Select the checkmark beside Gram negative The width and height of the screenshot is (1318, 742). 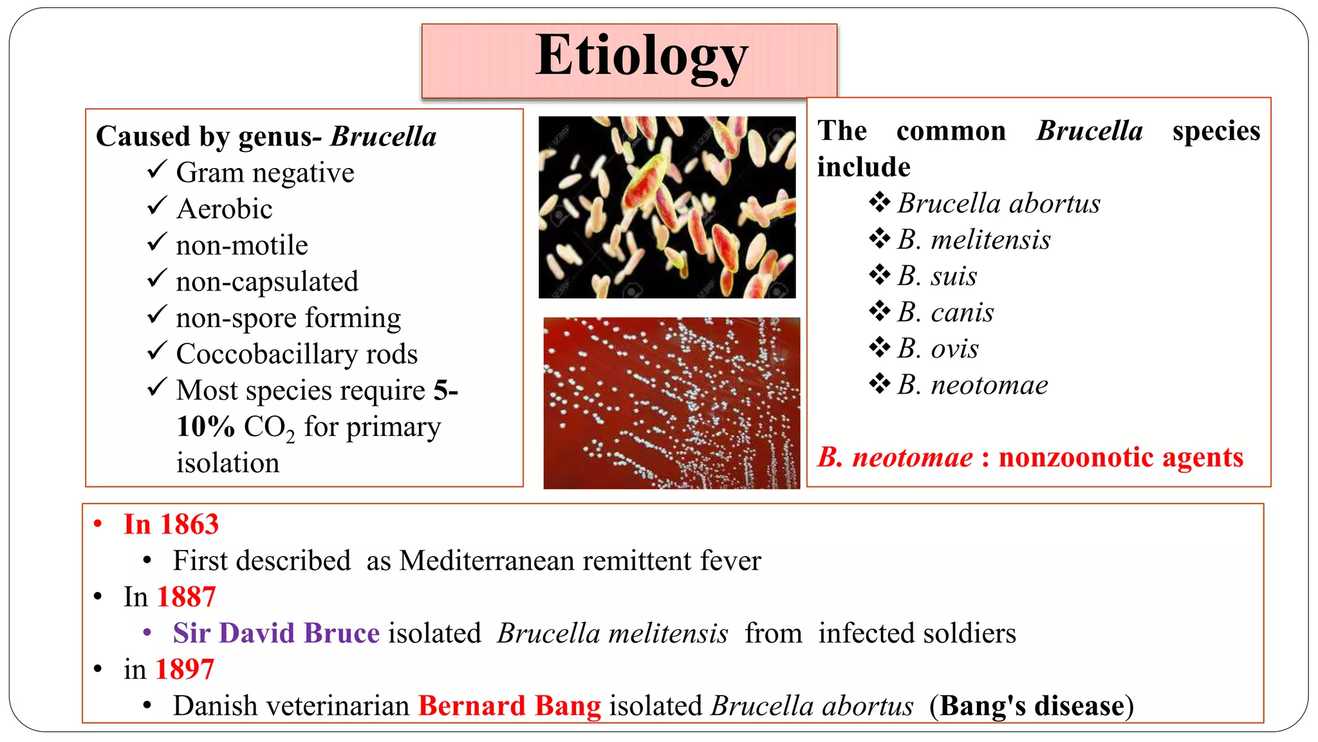click(x=157, y=170)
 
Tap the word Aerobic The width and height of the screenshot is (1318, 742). click(x=225, y=209)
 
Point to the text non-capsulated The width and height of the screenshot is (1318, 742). click(x=266, y=282)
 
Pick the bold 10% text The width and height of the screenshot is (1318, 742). click(x=205, y=426)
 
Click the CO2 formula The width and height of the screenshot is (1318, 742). click(x=269, y=428)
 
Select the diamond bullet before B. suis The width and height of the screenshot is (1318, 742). click(x=879, y=275)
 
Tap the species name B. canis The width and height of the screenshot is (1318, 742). click(x=945, y=312)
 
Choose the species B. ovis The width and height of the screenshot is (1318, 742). click(x=938, y=348)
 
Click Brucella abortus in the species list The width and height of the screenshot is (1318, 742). click(x=999, y=204)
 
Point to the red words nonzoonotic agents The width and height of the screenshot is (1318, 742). click(x=1120, y=457)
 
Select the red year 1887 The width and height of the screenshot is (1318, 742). click(x=186, y=597)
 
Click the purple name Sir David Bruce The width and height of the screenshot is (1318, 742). click(x=276, y=633)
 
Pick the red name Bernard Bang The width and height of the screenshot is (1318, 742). click(x=509, y=706)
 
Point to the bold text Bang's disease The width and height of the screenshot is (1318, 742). click(x=1032, y=706)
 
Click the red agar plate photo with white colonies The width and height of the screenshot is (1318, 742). click(x=671, y=403)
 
